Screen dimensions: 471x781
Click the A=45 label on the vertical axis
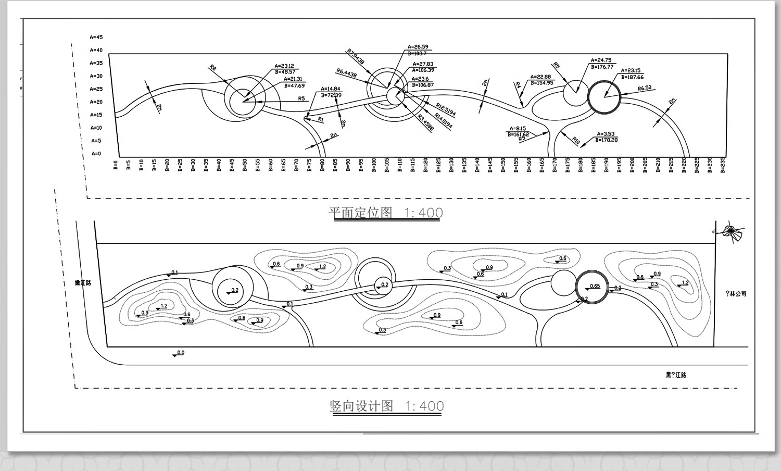coord(96,38)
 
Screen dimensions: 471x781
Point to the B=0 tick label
coord(116,165)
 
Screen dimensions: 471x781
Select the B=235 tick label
coord(723,165)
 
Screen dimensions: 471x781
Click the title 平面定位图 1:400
coord(385,213)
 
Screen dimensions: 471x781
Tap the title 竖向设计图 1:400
coord(386,406)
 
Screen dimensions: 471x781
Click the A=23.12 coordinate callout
coord(284,66)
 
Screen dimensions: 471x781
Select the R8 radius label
coord(212,68)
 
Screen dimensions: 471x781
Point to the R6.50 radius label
coord(645,88)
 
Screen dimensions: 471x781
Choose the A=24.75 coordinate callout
coord(601,60)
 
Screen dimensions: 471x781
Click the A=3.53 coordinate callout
coord(606,134)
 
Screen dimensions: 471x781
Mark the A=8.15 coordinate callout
coord(518,128)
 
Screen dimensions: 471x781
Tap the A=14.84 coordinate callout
coord(331,89)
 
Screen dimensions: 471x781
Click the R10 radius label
coord(576,141)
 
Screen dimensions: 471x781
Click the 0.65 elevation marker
coord(595,286)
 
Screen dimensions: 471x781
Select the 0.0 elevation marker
coord(180,353)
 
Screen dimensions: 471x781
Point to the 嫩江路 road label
coord(83,283)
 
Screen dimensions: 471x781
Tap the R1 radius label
coord(321,119)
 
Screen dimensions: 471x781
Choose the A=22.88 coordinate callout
coord(540,77)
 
